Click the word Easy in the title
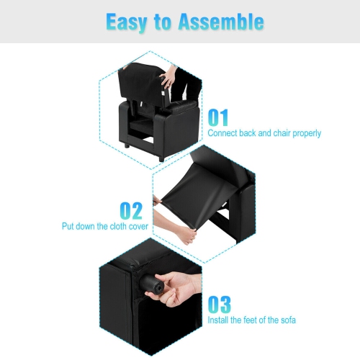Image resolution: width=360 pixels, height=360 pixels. tap(129, 22)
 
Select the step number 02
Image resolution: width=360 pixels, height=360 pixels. tap(130, 210)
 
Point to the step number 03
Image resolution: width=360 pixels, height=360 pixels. tap(220, 304)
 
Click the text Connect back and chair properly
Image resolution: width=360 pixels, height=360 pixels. tap(264, 133)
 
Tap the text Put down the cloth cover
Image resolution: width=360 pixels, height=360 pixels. tap(105, 226)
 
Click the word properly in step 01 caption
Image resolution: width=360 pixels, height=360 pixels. tap(305, 133)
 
